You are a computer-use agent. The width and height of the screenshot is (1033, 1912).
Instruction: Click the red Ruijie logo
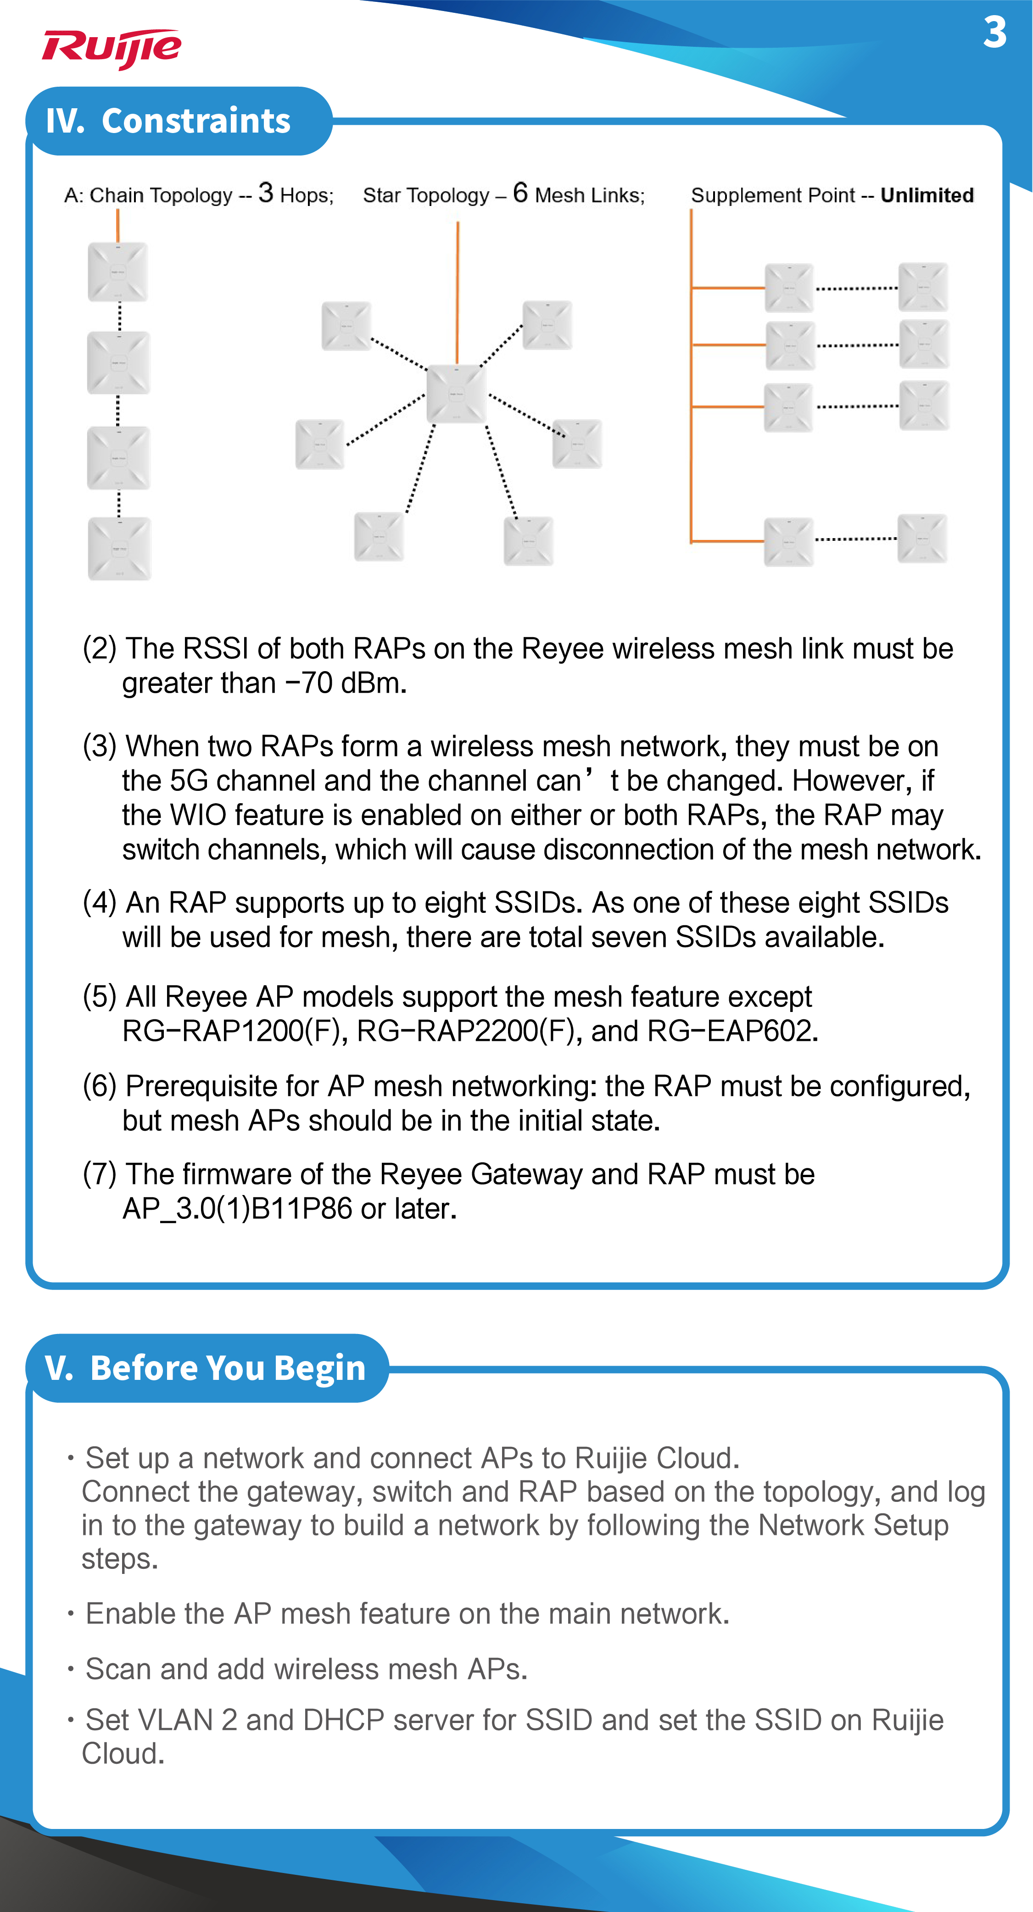tap(112, 49)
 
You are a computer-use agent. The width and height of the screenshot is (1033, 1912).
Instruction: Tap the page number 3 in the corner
tap(994, 33)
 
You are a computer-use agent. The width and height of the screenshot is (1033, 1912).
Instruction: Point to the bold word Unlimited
tap(927, 195)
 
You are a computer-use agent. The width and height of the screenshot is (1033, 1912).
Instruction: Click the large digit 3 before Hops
tap(266, 193)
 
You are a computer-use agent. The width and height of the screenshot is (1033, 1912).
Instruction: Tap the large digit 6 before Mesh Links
tap(520, 193)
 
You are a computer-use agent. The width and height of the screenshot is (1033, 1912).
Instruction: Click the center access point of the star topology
tap(456, 394)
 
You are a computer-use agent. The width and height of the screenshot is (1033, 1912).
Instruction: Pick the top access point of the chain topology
tap(117, 272)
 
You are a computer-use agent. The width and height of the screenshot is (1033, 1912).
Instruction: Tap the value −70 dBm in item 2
tap(345, 683)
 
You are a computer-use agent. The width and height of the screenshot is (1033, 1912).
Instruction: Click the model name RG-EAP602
tap(732, 1031)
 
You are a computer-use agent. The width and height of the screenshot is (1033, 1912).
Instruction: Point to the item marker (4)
tap(100, 903)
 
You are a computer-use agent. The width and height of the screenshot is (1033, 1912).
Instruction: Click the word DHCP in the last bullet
tap(343, 1720)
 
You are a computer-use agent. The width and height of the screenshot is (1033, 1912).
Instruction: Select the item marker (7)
tap(100, 1174)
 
